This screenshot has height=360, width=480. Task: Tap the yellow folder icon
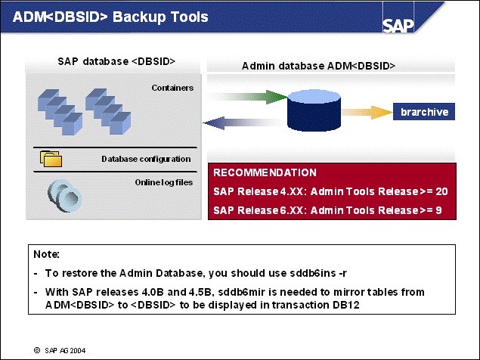point(51,159)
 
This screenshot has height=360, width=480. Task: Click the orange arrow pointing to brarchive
point(367,112)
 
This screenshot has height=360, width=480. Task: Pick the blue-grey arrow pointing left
point(242,123)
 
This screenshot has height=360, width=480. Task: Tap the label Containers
point(172,88)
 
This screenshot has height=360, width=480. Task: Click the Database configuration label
point(146,159)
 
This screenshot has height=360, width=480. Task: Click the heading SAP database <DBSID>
point(116,61)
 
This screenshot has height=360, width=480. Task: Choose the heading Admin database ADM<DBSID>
point(318,66)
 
